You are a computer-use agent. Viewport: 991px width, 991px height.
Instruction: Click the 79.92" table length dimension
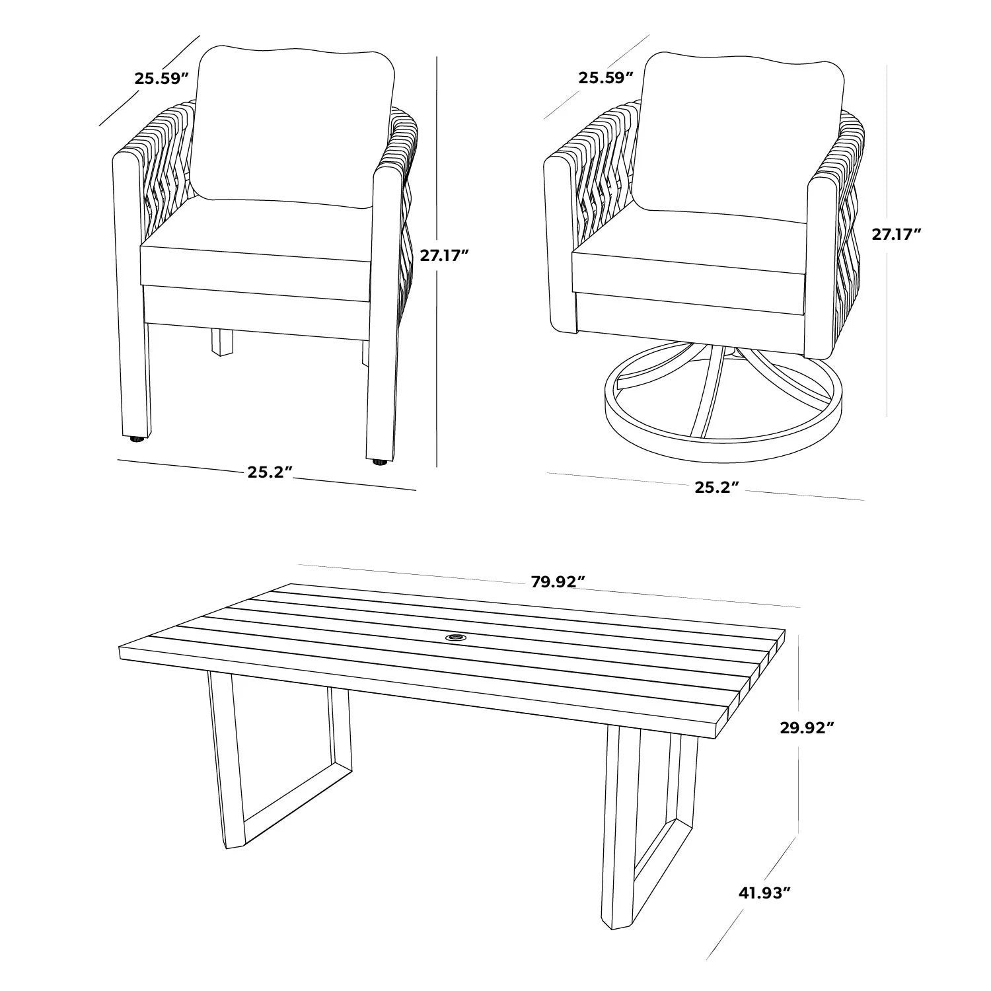(558, 582)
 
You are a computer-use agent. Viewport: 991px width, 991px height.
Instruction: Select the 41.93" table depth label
(764, 893)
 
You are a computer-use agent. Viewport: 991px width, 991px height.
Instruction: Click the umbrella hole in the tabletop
(455, 638)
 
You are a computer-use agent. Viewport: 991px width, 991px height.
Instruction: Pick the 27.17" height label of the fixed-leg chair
(445, 256)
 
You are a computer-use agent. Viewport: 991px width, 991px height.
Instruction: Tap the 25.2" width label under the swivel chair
(716, 487)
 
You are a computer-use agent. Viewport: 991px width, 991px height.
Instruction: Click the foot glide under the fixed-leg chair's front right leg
(379, 462)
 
